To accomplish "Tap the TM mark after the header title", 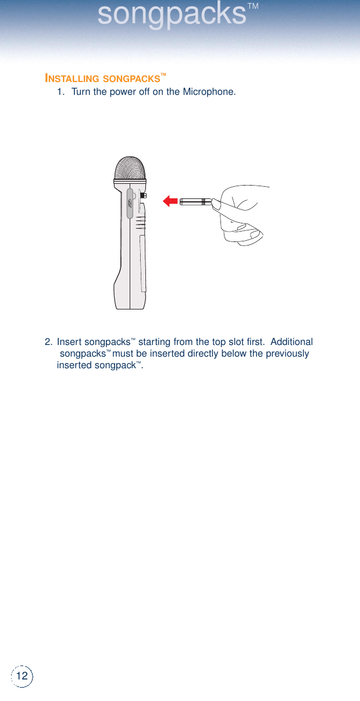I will (253, 7).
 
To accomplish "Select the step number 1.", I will (60, 92).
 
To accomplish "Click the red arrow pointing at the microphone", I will (170, 201).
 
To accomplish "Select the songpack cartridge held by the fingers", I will (195, 202).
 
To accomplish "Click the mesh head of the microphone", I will (130, 170).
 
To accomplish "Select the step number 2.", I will (49, 342).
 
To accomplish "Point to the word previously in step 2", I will (281, 354).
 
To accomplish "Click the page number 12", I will (22, 676).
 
